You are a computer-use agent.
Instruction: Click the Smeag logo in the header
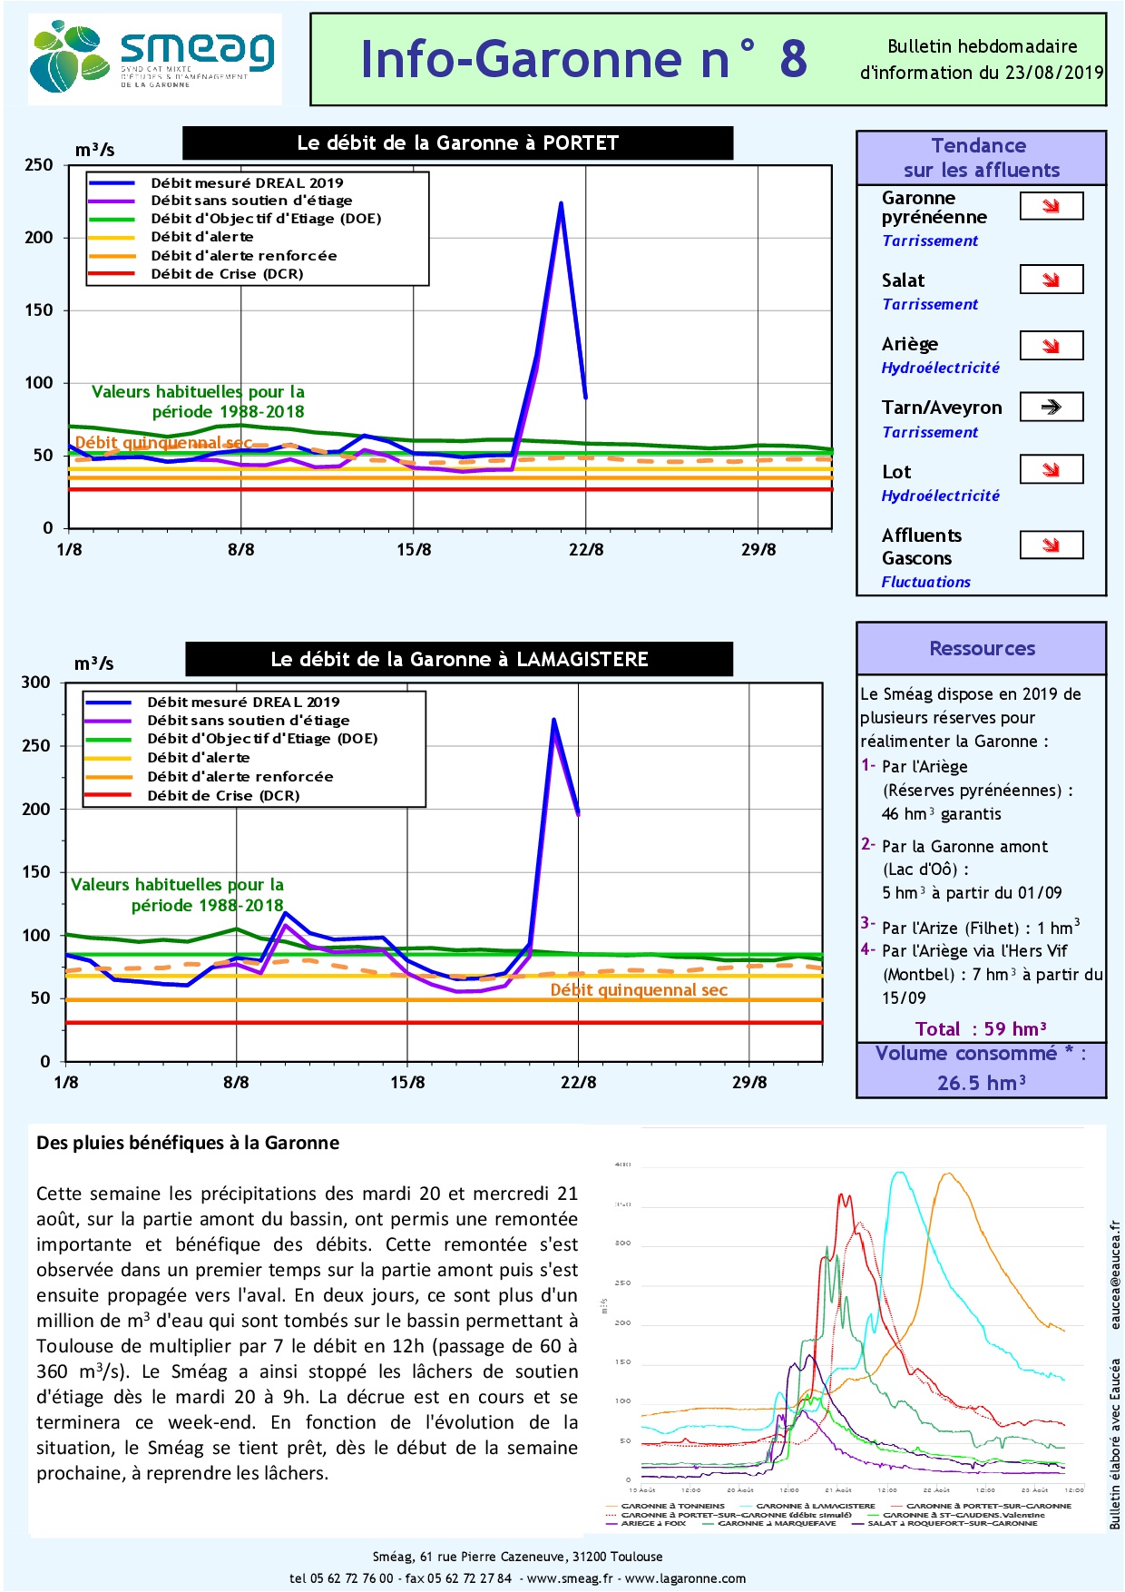coord(154,59)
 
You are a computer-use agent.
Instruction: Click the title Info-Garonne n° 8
coord(583,60)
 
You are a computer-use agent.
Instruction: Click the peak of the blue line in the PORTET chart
coord(561,203)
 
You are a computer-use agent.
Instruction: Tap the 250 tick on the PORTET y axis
coord(39,165)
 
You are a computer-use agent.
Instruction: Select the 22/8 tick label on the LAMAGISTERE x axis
coord(578,1082)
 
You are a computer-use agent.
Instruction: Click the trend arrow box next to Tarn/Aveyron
coord(1051,407)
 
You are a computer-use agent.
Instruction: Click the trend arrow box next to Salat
coord(1051,280)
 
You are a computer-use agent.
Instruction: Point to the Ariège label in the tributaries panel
coord(910,344)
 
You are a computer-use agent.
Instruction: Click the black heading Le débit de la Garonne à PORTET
coord(457,143)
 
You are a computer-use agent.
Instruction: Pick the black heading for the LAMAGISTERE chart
coord(459,659)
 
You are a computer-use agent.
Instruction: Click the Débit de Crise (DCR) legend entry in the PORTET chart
coord(227,274)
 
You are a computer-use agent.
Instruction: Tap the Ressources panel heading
coord(982,648)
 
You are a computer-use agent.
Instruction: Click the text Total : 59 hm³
coord(981,1028)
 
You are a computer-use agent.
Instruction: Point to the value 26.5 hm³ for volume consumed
coord(981,1083)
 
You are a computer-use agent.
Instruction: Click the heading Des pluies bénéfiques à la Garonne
coord(188,1143)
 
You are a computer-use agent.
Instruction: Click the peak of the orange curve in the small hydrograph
coord(947,1174)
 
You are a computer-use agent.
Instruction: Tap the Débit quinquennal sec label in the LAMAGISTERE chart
coord(639,990)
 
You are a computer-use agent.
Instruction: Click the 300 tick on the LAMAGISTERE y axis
coord(36,683)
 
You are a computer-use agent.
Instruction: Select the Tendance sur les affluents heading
coord(981,158)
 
